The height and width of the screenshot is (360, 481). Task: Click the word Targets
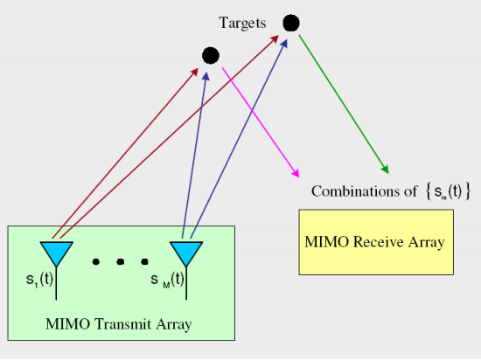click(x=242, y=24)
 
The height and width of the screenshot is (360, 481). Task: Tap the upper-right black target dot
click(x=291, y=23)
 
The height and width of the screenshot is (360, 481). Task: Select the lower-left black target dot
click(x=211, y=56)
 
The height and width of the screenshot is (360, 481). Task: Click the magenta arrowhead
click(x=295, y=173)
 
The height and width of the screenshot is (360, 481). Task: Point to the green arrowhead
click(x=385, y=169)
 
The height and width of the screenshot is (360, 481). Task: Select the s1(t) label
click(x=39, y=280)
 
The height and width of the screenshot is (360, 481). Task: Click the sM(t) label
click(x=168, y=280)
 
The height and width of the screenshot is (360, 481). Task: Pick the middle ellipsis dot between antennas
click(x=121, y=261)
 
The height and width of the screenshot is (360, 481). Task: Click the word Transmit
click(x=122, y=324)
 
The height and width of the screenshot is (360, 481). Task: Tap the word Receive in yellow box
click(x=378, y=242)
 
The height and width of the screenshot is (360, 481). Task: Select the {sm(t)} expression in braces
click(x=448, y=191)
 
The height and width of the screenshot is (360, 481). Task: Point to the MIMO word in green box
click(x=68, y=324)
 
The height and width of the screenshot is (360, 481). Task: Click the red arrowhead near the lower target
click(x=195, y=73)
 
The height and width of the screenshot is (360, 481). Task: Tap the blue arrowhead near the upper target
click(x=284, y=44)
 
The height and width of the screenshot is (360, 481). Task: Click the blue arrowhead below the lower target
click(x=206, y=77)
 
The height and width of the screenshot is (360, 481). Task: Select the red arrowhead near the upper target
click(x=275, y=39)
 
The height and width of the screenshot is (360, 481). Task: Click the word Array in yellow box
click(x=426, y=242)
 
